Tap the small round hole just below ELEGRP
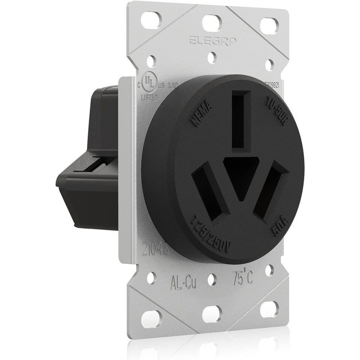tap(213, 56)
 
